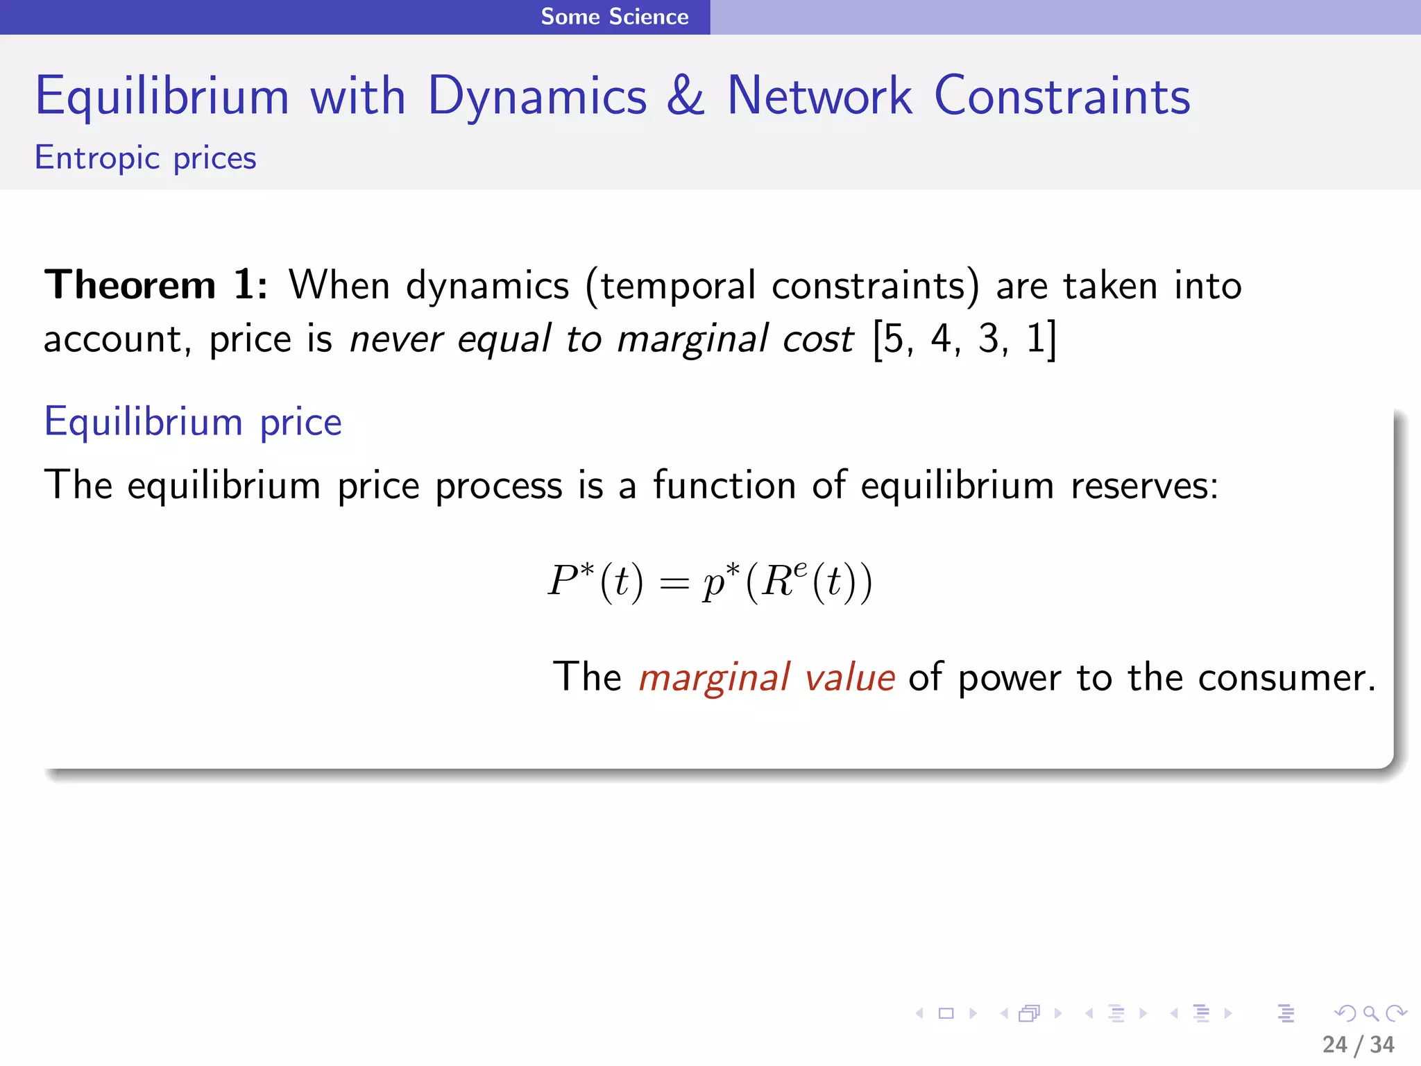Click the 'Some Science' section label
[x=615, y=17]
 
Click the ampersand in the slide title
[x=686, y=96]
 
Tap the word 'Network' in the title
[x=819, y=96]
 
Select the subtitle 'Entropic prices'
[x=146, y=158]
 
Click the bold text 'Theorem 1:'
[x=155, y=285]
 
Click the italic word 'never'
[x=395, y=340]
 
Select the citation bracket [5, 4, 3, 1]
[x=964, y=340]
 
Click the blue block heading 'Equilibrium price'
[x=193, y=422]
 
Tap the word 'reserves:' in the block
[x=1144, y=485]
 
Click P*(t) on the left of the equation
[x=595, y=582]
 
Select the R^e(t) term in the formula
[x=808, y=582]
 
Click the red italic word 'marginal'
[x=713, y=678]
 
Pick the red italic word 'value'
[x=849, y=678]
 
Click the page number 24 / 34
[x=1358, y=1044]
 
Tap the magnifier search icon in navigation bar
[x=1370, y=1013]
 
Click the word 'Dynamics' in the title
[x=537, y=96]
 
